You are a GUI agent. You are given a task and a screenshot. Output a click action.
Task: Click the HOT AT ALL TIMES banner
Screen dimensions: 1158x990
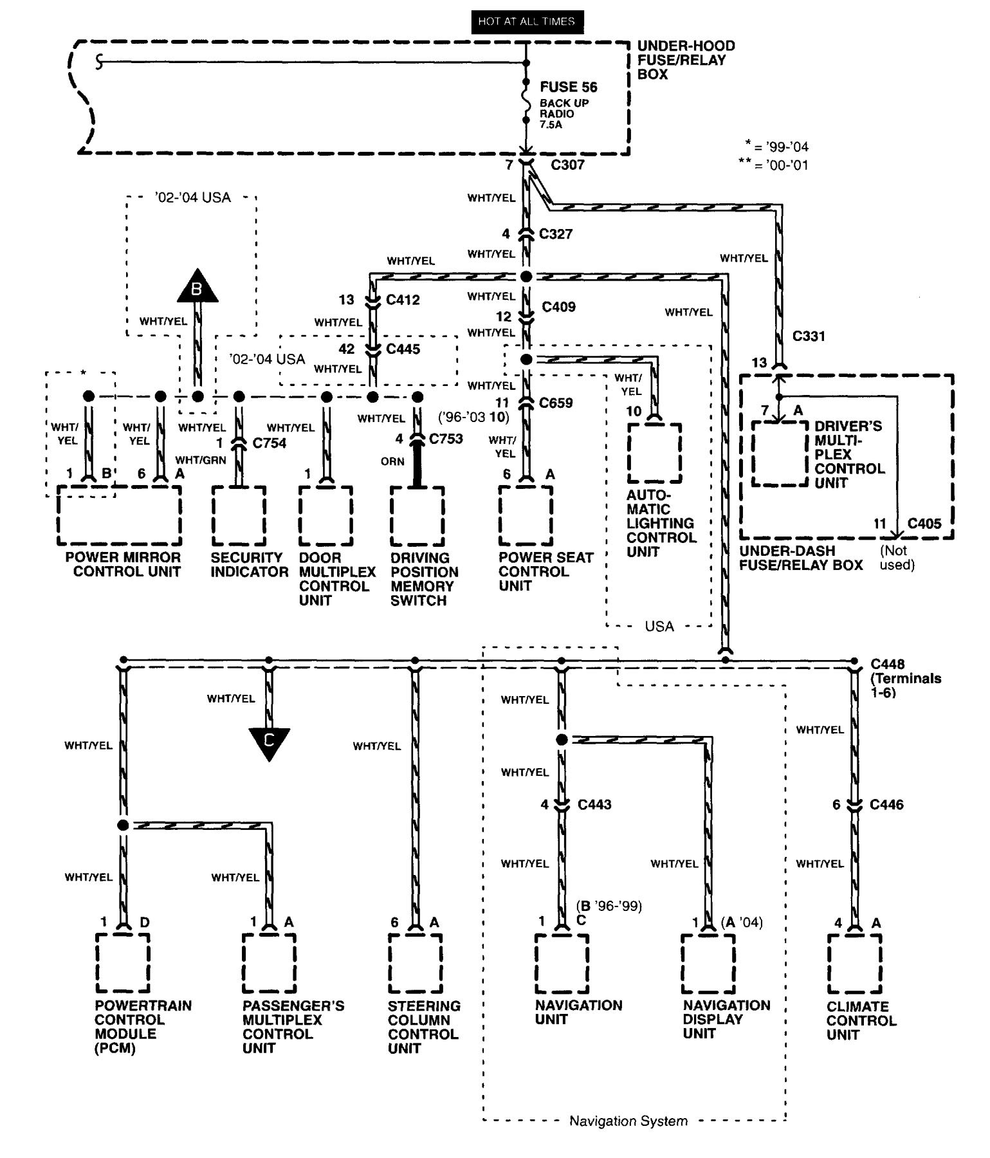[x=526, y=21]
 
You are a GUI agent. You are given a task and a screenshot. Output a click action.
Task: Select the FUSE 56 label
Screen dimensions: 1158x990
[x=568, y=87]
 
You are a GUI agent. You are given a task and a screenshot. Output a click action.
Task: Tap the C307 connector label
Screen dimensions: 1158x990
[x=567, y=165]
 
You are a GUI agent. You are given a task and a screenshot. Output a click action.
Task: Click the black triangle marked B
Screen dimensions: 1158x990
[x=197, y=287]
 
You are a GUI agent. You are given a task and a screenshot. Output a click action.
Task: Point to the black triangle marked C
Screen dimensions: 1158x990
[x=269, y=742]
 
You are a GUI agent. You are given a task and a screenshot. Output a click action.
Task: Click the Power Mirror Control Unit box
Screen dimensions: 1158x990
[x=119, y=515]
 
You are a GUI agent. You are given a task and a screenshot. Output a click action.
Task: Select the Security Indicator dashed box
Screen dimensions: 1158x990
[x=238, y=515]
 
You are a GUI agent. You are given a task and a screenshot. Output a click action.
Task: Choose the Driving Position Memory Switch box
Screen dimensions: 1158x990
[x=417, y=515]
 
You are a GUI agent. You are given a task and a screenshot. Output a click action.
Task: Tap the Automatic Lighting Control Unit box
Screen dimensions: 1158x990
[x=654, y=452]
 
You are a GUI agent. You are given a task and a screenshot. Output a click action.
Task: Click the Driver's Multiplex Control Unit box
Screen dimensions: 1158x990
[x=780, y=454]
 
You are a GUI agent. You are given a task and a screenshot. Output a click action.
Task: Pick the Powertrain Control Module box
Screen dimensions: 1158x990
[x=122, y=963]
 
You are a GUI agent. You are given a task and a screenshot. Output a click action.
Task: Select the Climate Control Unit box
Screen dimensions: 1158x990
[x=854, y=963]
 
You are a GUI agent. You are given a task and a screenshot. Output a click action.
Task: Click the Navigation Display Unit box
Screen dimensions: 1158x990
[x=708, y=963]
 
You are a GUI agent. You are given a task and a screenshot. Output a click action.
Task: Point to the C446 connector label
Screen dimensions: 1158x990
[x=886, y=804]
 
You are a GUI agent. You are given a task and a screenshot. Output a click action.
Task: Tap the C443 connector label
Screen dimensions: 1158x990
[x=594, y=804]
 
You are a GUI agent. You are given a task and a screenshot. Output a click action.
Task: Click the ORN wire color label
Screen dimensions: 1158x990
[x=392, y=461]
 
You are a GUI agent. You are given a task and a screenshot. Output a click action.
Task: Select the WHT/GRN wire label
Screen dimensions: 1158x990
[x=201, y=460]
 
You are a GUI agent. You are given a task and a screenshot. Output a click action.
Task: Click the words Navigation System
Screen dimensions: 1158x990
[x=628, y=1121]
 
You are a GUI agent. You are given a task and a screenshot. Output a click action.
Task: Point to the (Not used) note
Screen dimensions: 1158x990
[x=897, y=558]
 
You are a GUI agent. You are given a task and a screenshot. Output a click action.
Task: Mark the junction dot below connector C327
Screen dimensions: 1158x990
[x=526, y=277]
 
